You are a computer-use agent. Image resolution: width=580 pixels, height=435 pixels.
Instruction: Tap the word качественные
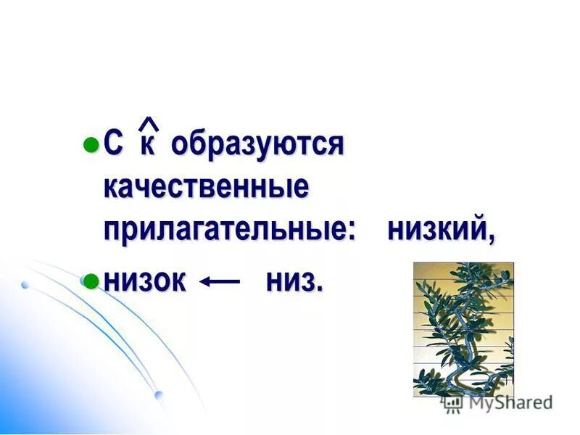(x=206, y=188)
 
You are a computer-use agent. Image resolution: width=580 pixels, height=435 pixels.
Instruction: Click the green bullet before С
(x=91, y=143)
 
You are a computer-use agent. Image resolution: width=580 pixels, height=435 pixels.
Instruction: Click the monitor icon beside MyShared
(x=453, y=402)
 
